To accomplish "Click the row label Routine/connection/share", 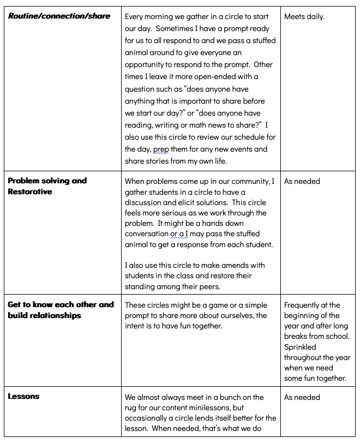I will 59,16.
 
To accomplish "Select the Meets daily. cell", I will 304,16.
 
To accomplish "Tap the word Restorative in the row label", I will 31,191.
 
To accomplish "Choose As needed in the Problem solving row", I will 302,181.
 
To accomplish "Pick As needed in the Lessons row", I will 302,397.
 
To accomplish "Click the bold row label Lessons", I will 24,397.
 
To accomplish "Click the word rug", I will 131,408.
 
